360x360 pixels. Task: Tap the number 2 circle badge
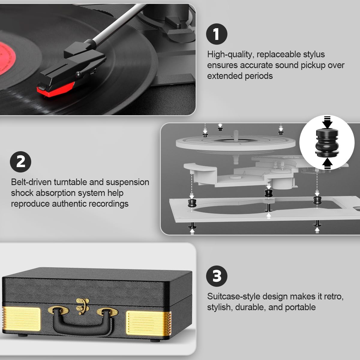[21, 162]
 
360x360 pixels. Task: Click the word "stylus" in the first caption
[314, 54]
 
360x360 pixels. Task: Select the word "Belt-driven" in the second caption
[31, 182]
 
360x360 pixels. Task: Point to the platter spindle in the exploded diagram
[236, 137]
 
